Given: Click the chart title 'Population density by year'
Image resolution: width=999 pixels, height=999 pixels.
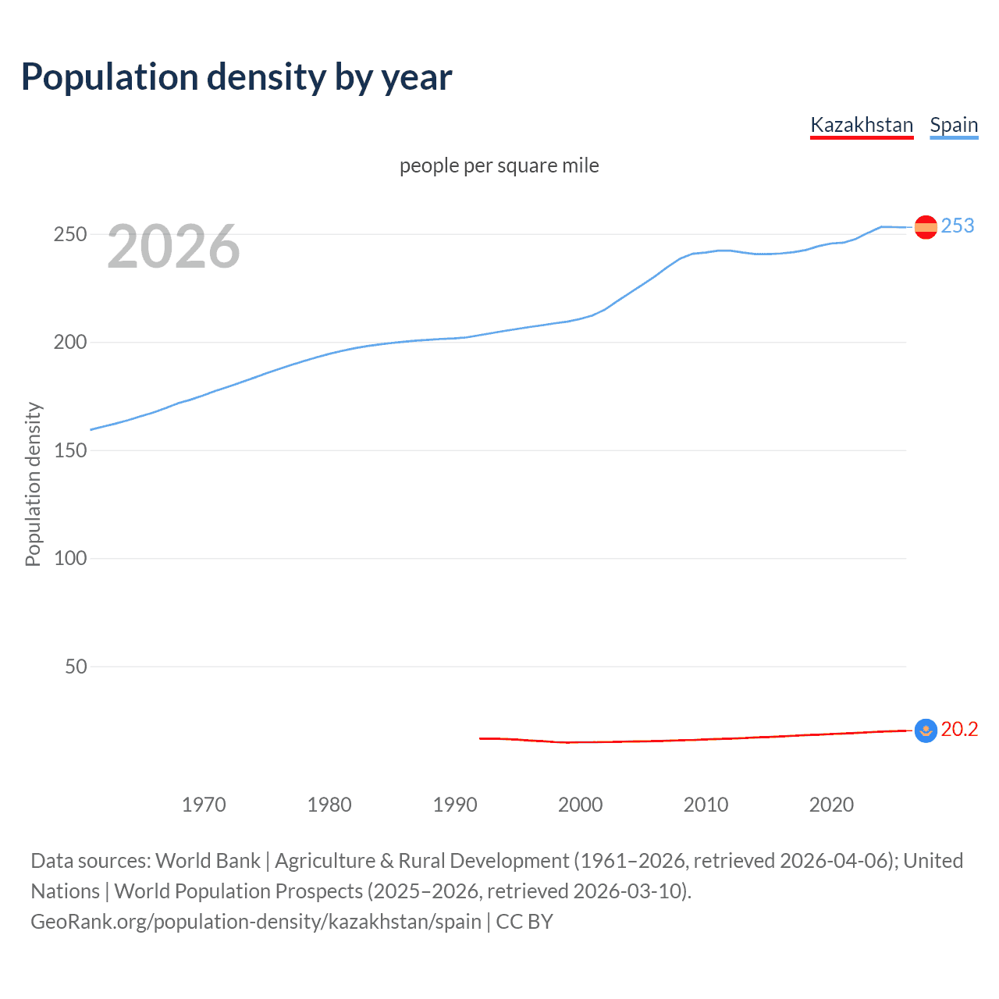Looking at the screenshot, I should [236, 77].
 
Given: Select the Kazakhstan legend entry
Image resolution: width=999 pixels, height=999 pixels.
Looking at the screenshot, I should [862, 125].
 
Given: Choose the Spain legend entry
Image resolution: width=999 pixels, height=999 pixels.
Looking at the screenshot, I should [954, 125].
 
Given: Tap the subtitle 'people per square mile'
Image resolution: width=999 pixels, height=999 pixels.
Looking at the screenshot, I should [499, 165].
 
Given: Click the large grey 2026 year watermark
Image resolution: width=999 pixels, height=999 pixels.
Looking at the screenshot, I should [173, 247].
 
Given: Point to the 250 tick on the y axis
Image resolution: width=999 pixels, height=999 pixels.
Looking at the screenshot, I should [70, 234].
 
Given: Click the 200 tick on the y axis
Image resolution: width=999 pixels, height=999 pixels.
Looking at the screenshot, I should [70, 343].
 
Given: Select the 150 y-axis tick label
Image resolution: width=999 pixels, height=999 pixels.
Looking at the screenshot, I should [70, 450].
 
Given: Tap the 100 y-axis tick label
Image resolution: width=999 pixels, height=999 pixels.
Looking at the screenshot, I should [70, 559].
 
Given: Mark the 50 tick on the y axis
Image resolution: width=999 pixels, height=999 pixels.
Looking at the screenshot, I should [76, 667].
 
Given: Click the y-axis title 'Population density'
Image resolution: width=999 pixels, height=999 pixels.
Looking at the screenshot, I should [33, 484].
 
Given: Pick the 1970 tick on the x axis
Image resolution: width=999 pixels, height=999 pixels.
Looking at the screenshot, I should [204, 805].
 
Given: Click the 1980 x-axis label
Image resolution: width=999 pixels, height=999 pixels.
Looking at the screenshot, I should [329, 805].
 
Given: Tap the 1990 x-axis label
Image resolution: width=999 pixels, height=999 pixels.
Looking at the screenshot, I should [455, 805].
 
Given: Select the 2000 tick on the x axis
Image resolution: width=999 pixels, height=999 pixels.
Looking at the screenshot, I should [580, 805].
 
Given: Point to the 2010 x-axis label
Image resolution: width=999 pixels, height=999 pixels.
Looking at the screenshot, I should [706, 805].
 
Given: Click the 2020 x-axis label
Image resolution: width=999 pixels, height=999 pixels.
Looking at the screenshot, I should [831, 805].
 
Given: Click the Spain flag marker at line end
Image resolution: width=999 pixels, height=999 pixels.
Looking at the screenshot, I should [926, 227].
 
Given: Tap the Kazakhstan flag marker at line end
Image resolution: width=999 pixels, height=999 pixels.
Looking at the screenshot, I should [926, 731].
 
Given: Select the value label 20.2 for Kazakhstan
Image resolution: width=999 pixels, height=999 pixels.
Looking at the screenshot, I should [959, 729].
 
